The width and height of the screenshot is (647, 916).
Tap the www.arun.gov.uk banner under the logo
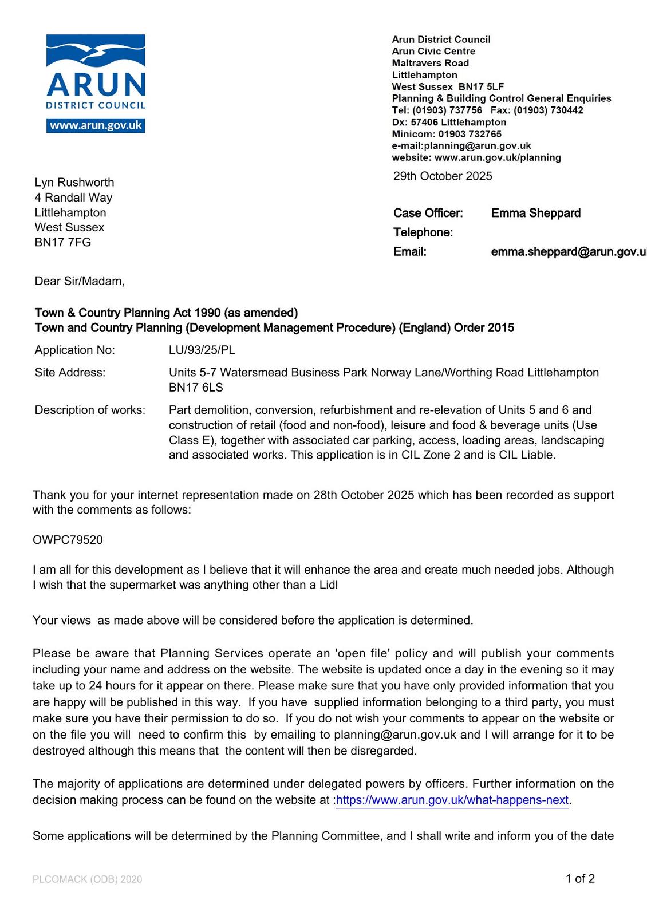(x=96, y=125)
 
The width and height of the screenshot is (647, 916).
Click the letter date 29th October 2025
(x=443, y=176)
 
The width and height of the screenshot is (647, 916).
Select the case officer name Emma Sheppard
(x=535, y=213)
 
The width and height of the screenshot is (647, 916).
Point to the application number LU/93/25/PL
(x=202, y=350)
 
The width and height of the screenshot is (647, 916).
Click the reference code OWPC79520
(x=68, y=540)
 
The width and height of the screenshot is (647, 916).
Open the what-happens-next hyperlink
(x=452, y=800)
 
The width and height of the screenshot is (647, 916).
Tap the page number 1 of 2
(x=580, y=878)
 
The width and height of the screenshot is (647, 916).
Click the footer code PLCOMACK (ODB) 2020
(x=87, y=879)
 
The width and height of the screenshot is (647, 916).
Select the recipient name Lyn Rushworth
(x=74, y=183)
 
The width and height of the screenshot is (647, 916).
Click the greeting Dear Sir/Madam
(x=80, y=281)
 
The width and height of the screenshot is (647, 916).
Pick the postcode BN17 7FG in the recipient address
(x=63, y=242)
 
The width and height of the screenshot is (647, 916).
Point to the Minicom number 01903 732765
(x=470, y=134)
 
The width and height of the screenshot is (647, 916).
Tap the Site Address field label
(x=70, y=373)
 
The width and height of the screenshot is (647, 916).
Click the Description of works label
(x=90, y=410)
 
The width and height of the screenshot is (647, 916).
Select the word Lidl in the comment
(x=328, y=585)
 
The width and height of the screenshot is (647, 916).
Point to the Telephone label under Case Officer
(x=423, y=232)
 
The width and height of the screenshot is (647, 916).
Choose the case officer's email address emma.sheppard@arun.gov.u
(x=568, y=252)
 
